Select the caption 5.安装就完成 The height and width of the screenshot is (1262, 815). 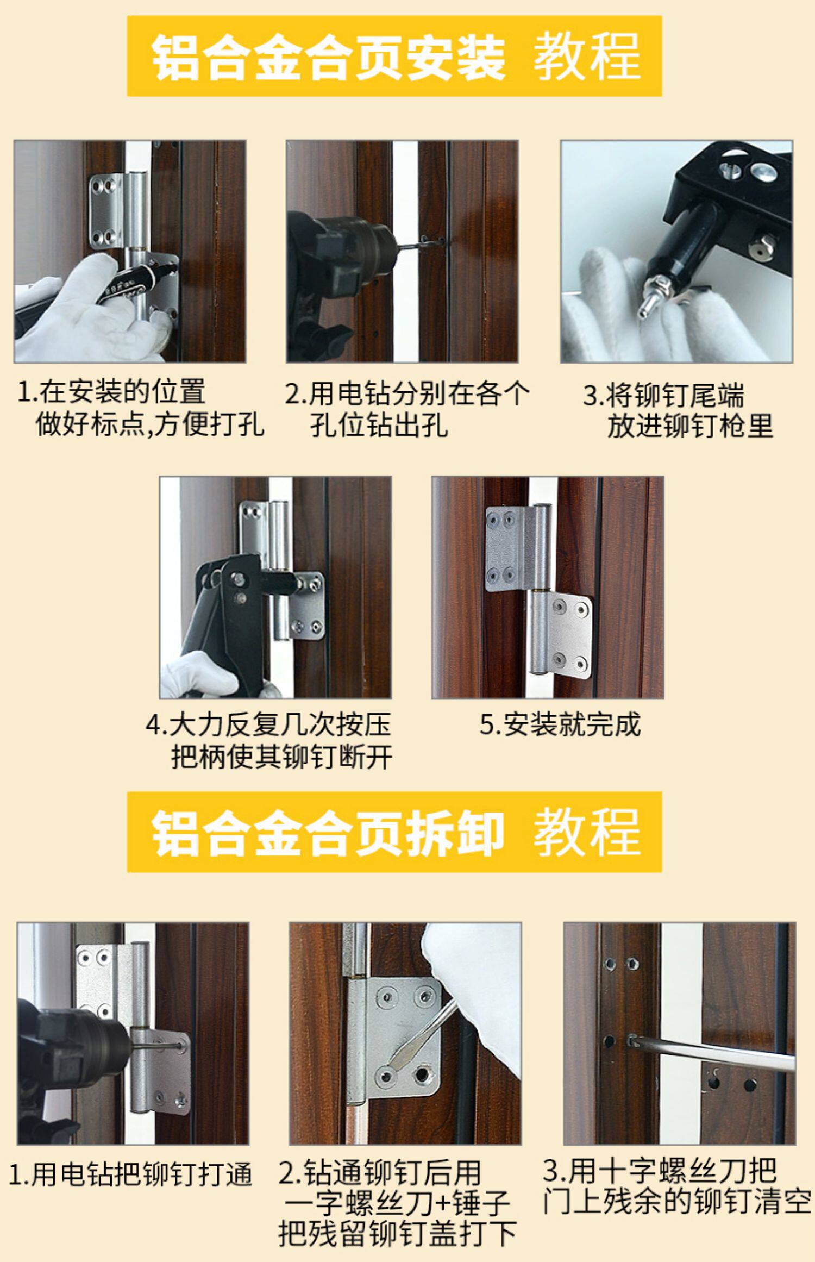click(x=560, y=724)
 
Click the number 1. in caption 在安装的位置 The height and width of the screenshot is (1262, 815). click(x=27, y=392)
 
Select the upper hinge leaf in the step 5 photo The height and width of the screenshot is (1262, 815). click(x=508, y=549)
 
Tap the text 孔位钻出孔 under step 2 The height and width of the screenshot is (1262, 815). click(x=379, y=424)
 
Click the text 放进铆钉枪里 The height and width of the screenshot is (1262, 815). click(x=690, y=426)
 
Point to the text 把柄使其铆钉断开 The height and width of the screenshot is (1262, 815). click(x=281, y=757)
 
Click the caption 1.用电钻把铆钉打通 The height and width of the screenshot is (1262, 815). click(x=130, y=1174)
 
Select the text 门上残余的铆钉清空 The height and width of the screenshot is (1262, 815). click(x=677, y=1202)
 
